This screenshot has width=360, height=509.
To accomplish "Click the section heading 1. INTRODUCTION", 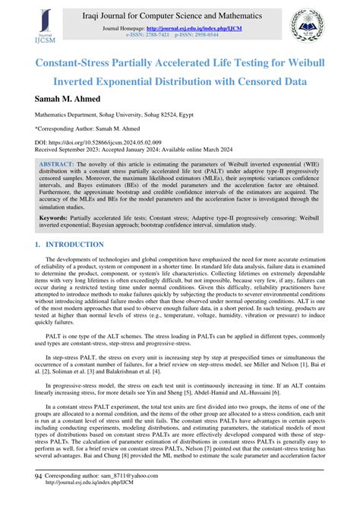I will pyautogui.click(x=69, y=245).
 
